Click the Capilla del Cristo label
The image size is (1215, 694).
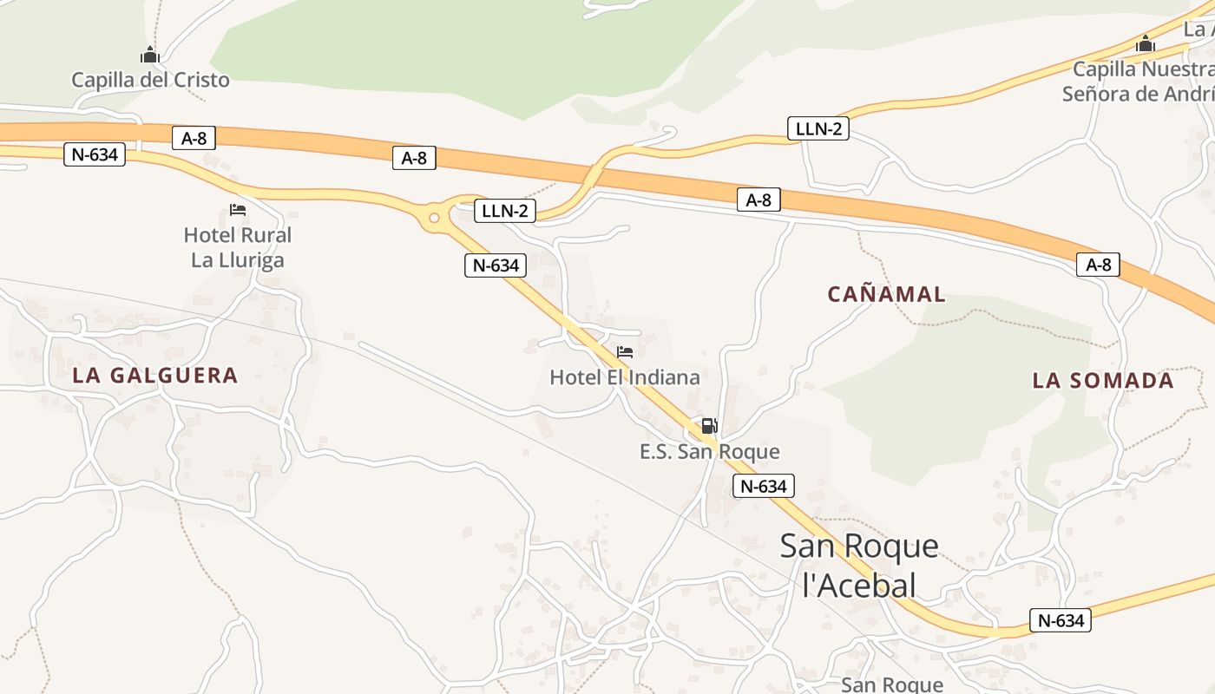[x=150, y=80]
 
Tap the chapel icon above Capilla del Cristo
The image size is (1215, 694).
[x=150, y=55]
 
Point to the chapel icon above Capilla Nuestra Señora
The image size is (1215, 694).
[x=1146, y=43]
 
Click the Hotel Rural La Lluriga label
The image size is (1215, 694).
[x=237, y=247]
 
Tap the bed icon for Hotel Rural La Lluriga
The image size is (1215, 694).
[x=237, y=210]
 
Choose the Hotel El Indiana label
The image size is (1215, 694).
[x=625, y=377]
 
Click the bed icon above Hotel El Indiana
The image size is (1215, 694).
[x=625, y=352]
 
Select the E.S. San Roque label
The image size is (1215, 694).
[x=709, y=451]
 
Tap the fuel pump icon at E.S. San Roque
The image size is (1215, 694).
[x=709, y=426]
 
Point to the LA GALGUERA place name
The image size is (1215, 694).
[x=155, y=376]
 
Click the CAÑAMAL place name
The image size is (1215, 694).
[x=886, y=294]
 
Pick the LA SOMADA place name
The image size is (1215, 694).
[x=1103, y=380]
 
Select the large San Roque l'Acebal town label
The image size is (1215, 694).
[x=859, y=565]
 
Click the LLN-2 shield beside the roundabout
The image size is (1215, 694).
[x=505, y=211]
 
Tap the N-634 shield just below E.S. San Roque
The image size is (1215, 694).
[x=764, y=486]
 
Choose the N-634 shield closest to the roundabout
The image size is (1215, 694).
[x=496, y=265]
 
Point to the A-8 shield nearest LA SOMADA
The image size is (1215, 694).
[x=1098, y=265]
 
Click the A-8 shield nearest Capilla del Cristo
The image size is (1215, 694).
[x=194, y=138]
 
